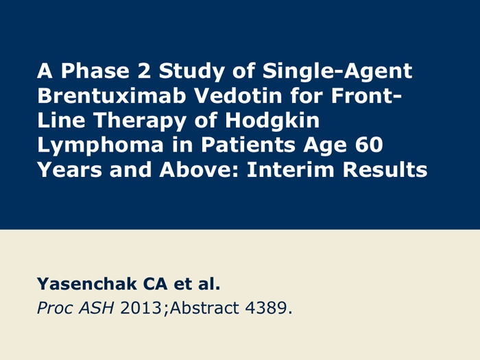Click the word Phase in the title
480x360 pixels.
95,71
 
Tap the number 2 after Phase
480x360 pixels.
144,71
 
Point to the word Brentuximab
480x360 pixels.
112,95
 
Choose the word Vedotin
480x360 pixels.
238,95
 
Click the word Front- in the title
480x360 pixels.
366,95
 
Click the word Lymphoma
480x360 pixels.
100,146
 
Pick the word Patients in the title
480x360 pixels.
248,145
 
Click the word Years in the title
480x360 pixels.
69,169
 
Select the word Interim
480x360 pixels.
291,169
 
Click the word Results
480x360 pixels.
385,169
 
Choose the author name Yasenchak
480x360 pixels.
86,283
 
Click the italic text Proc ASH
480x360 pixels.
75,308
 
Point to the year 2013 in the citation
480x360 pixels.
141,308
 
